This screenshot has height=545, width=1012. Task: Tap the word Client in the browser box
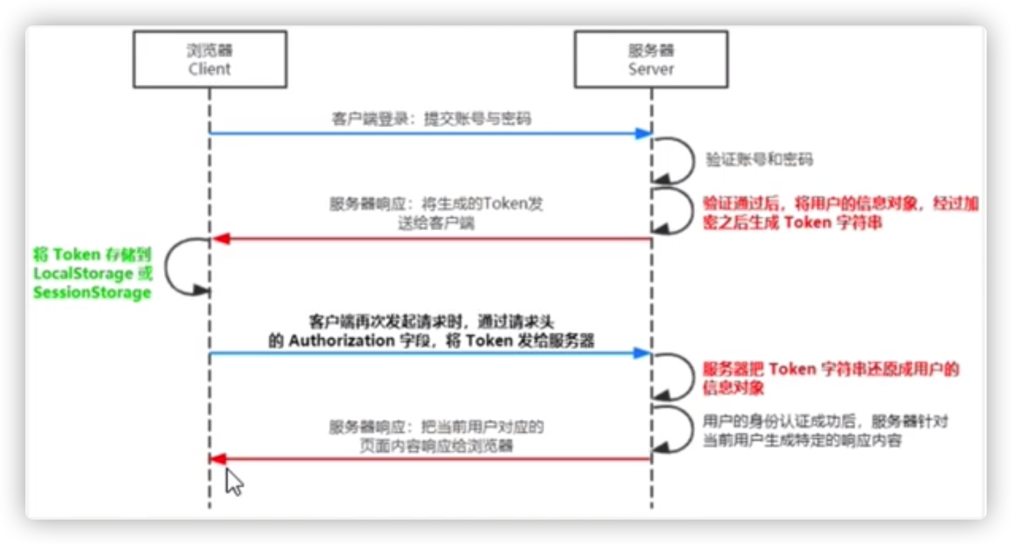(210, 69)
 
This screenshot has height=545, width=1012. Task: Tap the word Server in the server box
(651, 69)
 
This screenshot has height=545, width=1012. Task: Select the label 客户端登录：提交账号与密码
(430, 119)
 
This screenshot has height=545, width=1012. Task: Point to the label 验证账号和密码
(759, 160)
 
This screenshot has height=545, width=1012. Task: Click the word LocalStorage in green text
(83, 273)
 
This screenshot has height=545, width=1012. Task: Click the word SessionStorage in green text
(92, 292)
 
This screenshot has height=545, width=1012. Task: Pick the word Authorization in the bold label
(342, 341)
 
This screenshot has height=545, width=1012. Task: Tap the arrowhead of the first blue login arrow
(641, 133)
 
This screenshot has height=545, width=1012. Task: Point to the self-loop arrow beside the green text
(186, 265)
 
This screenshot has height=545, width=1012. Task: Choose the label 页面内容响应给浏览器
(436, 446)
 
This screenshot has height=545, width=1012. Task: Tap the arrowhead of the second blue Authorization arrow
(641, 353)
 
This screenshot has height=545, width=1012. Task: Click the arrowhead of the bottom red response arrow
(219, 460)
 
